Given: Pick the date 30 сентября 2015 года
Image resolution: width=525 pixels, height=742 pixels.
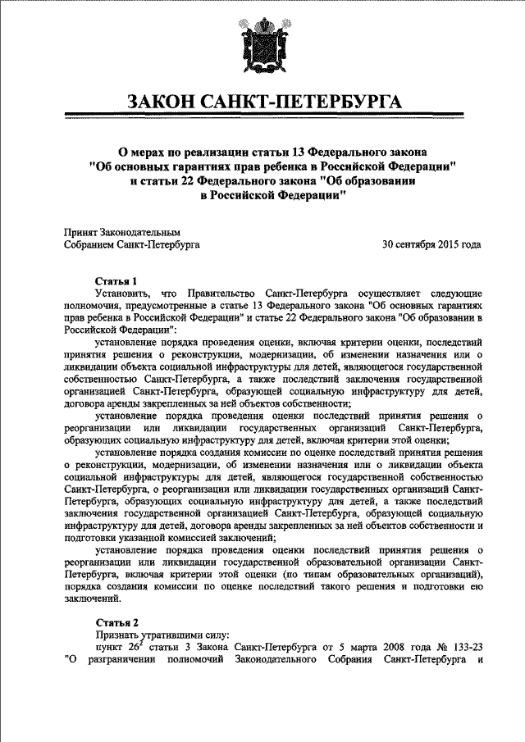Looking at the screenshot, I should (431, 244).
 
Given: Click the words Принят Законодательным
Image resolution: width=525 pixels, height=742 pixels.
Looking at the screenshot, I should (121, 233).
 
